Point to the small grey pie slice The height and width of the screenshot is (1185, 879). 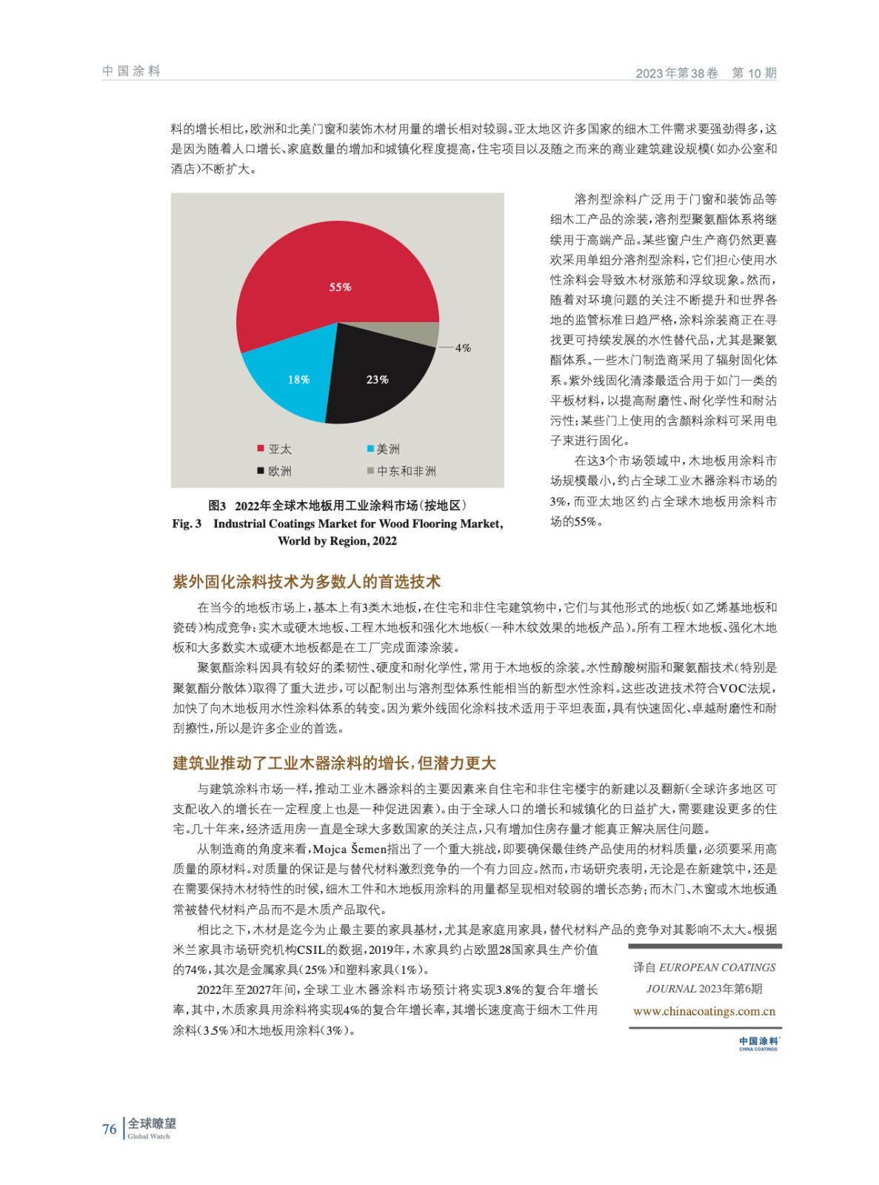click(x=428, y=335)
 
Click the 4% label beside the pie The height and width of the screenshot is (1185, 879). click(x=463, y=347)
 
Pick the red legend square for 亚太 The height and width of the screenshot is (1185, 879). click(x=261, y=448)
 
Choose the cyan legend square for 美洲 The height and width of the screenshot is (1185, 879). click(x=370, y=448)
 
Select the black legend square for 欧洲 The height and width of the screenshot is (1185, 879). click(x=261, y=470)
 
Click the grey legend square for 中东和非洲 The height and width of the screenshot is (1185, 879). click(x=370, y=470)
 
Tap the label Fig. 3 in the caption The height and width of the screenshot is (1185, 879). click(x=187, y=524)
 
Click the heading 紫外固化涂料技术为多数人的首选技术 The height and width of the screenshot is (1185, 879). click(x=307, y=581)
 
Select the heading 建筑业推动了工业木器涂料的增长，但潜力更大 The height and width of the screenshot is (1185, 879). click(x=334, y=763)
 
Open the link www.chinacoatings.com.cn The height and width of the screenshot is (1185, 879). click(x=704, y=1011)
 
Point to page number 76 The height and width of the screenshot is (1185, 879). click(x=110, y=1129)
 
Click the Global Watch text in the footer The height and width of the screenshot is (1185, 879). click(x=149, y=1136)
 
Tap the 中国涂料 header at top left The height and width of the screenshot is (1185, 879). click(x=131, y=71)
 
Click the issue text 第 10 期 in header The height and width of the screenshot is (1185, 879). click(x=754, y=73)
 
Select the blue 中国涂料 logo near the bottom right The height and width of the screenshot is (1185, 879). click(x=758, y=1043)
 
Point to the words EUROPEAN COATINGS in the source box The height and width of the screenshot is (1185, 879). click(x=717, y=967)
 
